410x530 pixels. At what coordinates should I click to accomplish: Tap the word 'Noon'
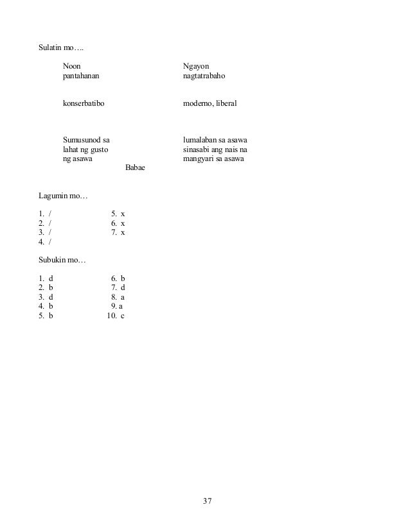click(72, 67)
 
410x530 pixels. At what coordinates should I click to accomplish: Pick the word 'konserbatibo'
click(84, 103)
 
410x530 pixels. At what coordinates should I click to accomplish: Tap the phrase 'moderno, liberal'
click(209, 103)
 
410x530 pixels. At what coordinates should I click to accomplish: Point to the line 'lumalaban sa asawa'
click(216, 139)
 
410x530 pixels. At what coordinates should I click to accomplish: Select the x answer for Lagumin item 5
click(123, 213)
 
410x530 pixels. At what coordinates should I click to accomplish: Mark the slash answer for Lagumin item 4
click(50, 242)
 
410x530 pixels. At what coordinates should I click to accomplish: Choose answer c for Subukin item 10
click(122, 316)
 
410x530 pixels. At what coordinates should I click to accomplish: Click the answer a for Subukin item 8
click(122, 298)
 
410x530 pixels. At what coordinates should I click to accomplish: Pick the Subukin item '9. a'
click(117, 307)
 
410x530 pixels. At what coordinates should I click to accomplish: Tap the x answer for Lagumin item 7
click(123, 232)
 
